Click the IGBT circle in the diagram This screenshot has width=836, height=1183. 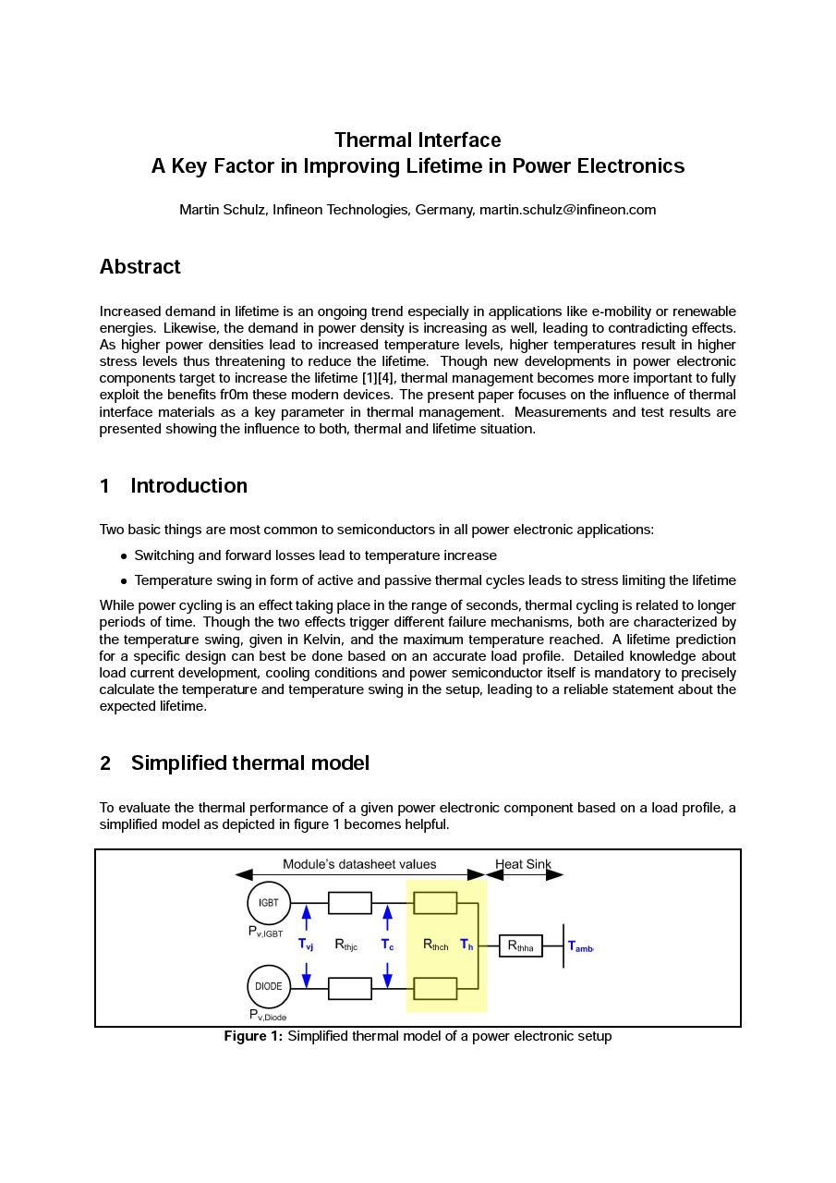coord(269,903)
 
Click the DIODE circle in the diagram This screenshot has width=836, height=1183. coord(269,987)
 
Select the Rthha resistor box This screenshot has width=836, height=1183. coord(521,946)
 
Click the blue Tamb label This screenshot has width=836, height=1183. coord(580,946)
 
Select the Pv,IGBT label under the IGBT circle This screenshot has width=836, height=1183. coord(265,933)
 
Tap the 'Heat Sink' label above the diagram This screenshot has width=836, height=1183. coord(523,864)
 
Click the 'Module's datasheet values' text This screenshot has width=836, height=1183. coord(359,864)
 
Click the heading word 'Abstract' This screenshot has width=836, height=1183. coord(140,267)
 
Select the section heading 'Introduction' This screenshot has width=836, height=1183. coord(189,486)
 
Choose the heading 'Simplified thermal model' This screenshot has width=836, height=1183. coord(250,763)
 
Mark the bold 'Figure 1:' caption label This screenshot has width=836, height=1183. coord(253,1036)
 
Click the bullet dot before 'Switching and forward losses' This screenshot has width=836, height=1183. coord(124,556)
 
